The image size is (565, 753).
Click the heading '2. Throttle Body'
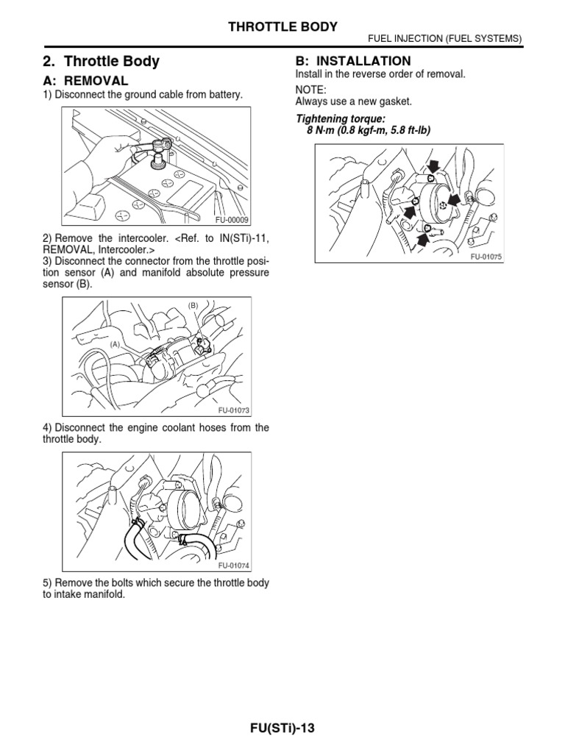[x=102, y=62]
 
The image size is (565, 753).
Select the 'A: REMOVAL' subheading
[x=85, y=81]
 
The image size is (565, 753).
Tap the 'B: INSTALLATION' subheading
[x=343, y=61]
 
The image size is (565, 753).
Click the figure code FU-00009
[x=232, y=220]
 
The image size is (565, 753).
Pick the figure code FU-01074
[x=233, y=565]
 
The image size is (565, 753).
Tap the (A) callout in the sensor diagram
[x=116, y=344]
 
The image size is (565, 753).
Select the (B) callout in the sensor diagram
[x=193, y=304]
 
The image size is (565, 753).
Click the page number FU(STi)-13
[x=282, y=728]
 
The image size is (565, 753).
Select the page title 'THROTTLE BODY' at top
[x=284, y=27]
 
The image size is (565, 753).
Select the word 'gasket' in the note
[x=396, y=101]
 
